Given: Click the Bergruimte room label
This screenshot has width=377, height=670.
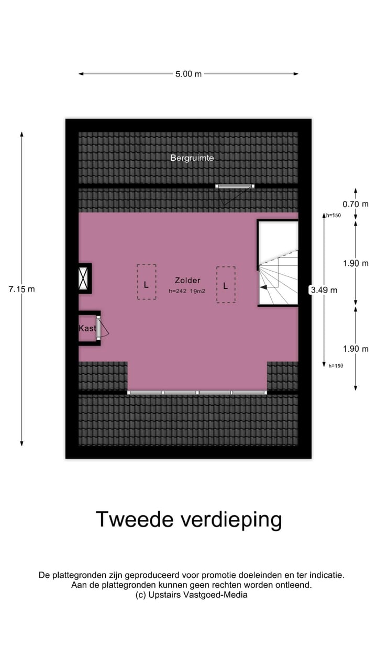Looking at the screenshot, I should (192, 158).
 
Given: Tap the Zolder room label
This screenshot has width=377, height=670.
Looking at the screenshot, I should (187, 281).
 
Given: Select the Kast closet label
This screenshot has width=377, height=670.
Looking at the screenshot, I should (87, 328).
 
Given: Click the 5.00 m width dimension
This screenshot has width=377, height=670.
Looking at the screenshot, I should (188, 74).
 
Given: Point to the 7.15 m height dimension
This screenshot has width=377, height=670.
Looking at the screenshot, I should (22, 289).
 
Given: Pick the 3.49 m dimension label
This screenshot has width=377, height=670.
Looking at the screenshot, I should (324, 289).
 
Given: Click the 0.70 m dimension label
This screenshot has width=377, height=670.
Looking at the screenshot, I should (356, 204).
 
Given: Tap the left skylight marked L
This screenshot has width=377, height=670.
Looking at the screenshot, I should (147, 282).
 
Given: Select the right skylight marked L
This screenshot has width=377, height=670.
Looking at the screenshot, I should (226, 285).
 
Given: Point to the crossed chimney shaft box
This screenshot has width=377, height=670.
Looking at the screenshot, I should (84, 278).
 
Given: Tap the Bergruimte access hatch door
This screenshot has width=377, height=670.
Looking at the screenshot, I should (235, 186).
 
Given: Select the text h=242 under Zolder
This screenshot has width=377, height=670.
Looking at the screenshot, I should (178, 291).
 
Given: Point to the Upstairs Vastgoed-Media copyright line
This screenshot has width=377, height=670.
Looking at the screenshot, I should (191, 595).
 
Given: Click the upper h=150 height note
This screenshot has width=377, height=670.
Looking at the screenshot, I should (334, 215).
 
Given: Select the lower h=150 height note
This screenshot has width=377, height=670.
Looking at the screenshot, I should (336, 366).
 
